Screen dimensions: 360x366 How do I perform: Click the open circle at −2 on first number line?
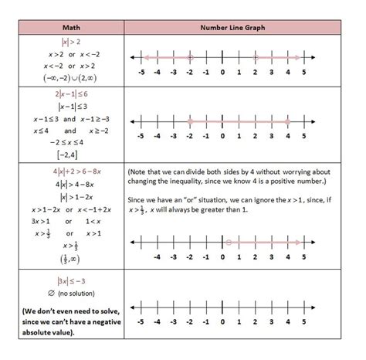189,57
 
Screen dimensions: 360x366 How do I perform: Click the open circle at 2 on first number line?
255,57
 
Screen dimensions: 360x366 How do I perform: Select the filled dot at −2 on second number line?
189,122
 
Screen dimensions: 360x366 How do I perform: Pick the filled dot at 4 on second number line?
287,122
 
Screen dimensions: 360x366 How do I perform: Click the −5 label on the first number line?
140,72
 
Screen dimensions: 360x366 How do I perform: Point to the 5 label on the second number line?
303,136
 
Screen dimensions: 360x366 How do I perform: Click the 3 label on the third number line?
271,257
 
